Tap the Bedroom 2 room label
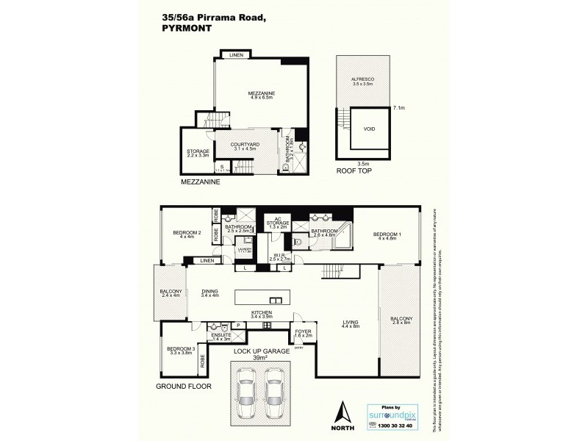point(187,234)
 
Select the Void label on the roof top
point(369,128)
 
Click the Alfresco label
point(362,82)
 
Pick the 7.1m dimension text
point(401,107)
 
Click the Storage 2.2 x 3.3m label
point(198,153)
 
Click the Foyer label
point(303,333)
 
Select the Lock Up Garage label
point(259,354)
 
